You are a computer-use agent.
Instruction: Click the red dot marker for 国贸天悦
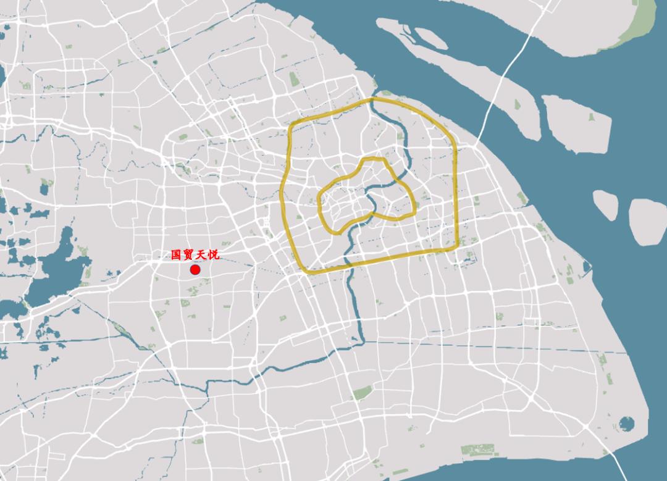195,269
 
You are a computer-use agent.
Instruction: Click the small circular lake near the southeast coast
626,424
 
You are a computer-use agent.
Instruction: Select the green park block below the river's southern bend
363,393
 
